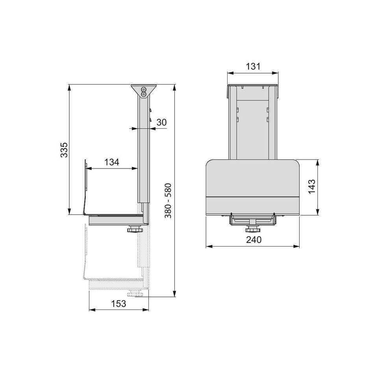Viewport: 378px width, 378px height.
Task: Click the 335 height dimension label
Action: click(64, 150)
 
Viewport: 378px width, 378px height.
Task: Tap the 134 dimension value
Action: click(111, 162)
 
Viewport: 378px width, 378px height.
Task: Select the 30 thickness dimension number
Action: click(161, 122)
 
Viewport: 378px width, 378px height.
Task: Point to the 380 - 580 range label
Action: click(168, 200)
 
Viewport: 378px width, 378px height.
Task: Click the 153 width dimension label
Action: click(119, 304)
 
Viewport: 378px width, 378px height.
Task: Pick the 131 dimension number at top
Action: click(253, 66)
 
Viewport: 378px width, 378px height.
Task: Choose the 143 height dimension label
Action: click(311, 186)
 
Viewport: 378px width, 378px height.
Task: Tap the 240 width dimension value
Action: click(254, 240)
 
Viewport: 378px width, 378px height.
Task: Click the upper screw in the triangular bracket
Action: click(144, 89)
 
